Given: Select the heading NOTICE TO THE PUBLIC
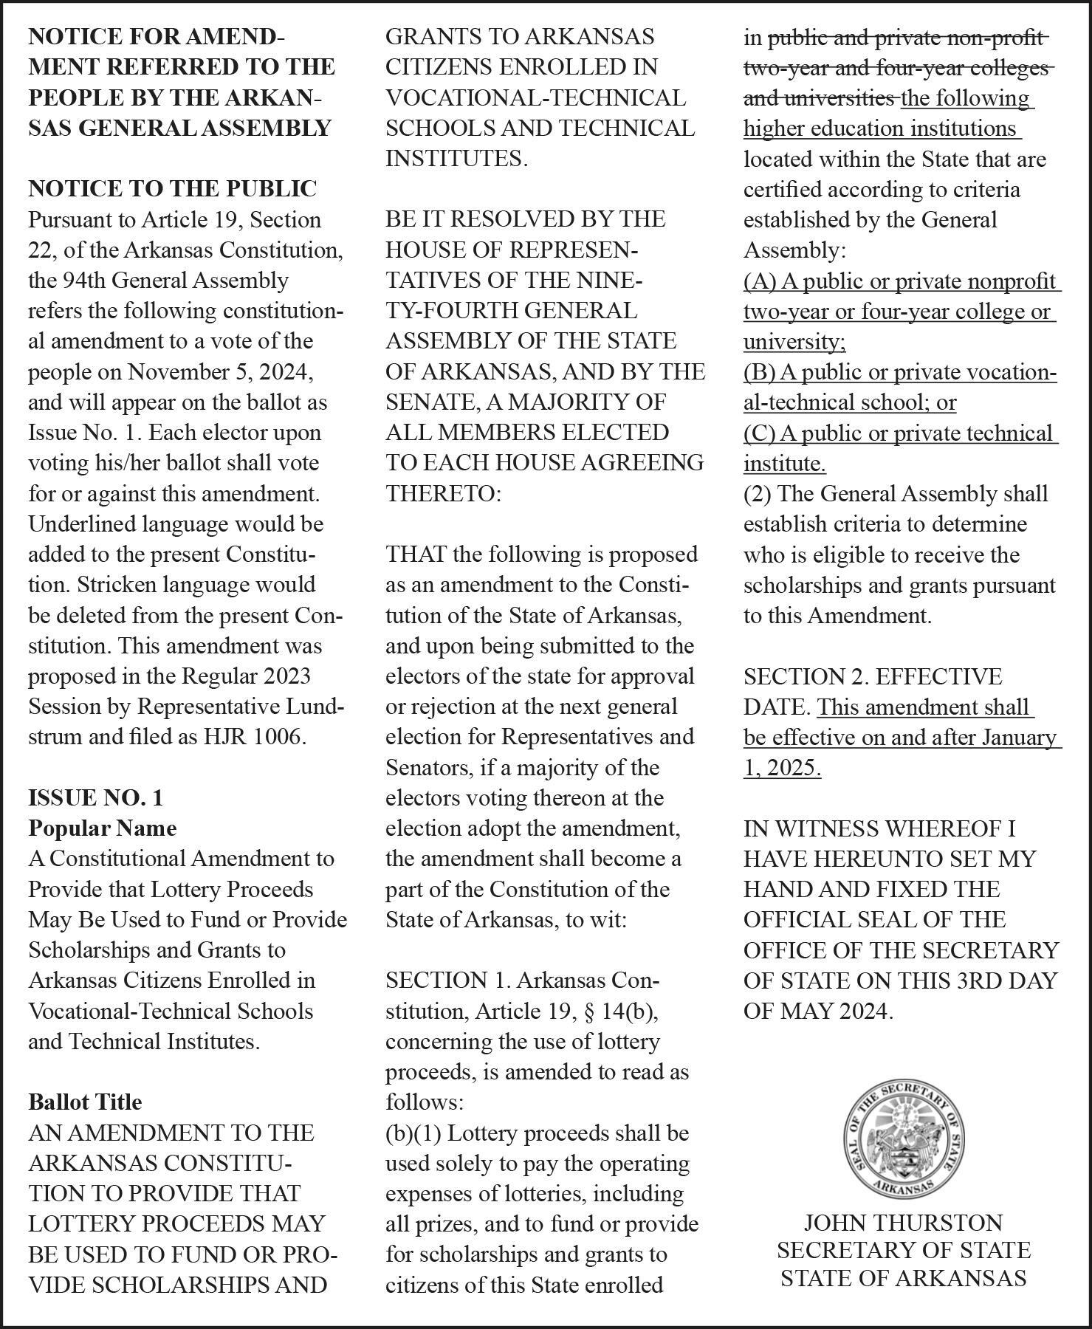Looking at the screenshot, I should click(x=172, y=189).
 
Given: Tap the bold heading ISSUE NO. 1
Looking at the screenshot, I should click(x=96, y=797).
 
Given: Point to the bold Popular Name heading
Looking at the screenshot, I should click(x=103, y=828).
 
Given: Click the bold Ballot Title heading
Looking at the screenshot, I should click(x=85, y=1102).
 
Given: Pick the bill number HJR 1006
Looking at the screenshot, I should click(x=254, y=736).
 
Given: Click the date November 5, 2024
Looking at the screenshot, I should click(x=220, y=371).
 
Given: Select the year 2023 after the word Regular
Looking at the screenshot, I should click(x=286, y=676).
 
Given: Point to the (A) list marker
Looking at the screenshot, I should click(x=760, y=281).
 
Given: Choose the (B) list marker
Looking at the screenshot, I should click(x=760, y=372).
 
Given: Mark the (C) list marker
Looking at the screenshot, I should click(x=760, y=433).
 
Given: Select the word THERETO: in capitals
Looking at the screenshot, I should click(x=443, y=493).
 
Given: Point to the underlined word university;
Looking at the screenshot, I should click(x=794, y=342).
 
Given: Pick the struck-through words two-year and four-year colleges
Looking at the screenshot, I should click(x=896, y=68).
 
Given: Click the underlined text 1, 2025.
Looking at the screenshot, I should click(x=782, y=767).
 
